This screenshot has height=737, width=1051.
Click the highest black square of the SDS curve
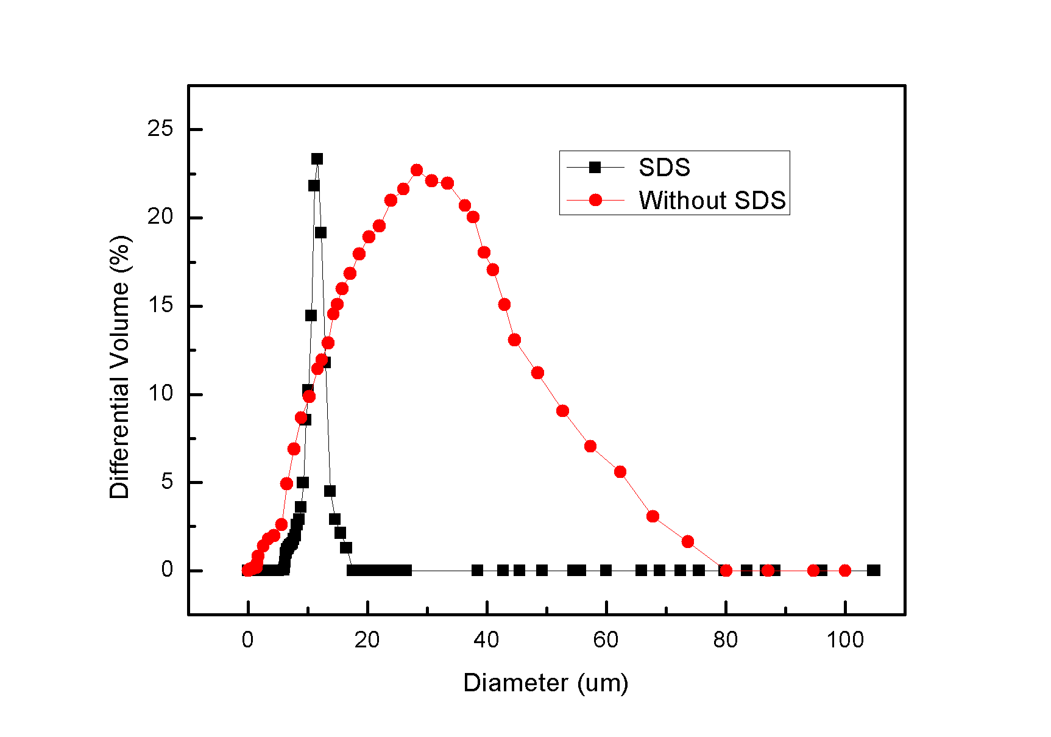pos(317,159)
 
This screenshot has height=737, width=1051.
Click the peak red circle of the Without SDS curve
pos(417,170)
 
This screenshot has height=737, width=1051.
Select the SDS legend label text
pos(664,168)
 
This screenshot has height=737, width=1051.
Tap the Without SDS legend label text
pos(712,201)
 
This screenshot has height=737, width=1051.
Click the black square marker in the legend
pos(595,168)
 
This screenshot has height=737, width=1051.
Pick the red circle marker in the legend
pos(595,200)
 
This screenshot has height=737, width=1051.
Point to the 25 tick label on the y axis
pos(160,129)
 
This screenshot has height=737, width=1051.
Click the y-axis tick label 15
pos(160,305)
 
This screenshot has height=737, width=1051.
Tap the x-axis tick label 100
pos(845,640)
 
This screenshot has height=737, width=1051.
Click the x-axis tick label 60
pos(606,640)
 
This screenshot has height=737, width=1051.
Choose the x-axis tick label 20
pos(367,640)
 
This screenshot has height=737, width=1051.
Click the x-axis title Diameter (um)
pos(545,683)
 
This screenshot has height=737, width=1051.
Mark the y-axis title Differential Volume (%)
pos(120,367)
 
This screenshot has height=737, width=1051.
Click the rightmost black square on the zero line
pos(874,571)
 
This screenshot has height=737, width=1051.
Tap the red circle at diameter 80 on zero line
pos(726,571)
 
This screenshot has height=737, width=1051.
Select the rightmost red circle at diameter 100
pos(845,571)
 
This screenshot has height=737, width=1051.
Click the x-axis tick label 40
pos(486,640)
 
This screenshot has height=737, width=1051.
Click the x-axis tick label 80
pos(725,640)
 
